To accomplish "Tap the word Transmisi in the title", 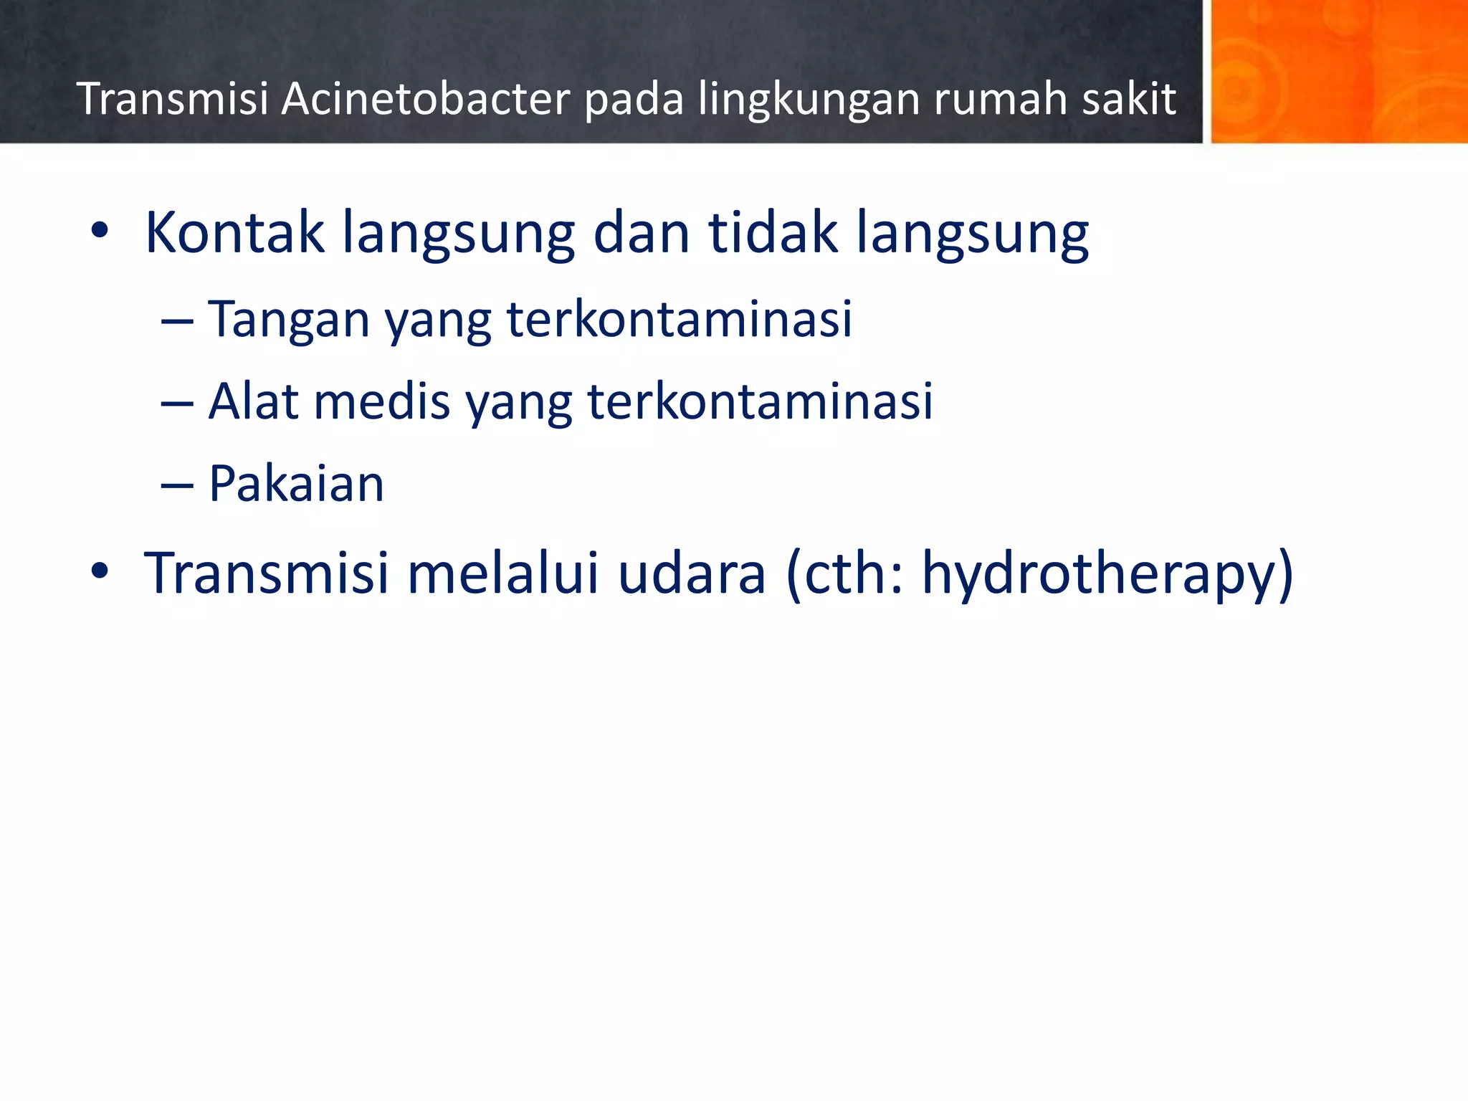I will pyautogui.click(x=172, y=99).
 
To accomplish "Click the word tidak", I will pyautogui.click(x=773, y=232).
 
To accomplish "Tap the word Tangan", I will pyautogui.click(x=288, y=320).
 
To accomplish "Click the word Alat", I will pyautogui.click(x=253, y=401).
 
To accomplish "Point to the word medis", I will pyautogui.click(x=382, y=401).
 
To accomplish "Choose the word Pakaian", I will pyautogui.click(x=296, y=484).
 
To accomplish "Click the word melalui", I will pyautogui.click(x=502, y=573).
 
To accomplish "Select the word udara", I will pyautogui.click(x=692, y=573).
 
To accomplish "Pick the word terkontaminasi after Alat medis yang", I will pyautogui.click(x=761, y=401).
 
